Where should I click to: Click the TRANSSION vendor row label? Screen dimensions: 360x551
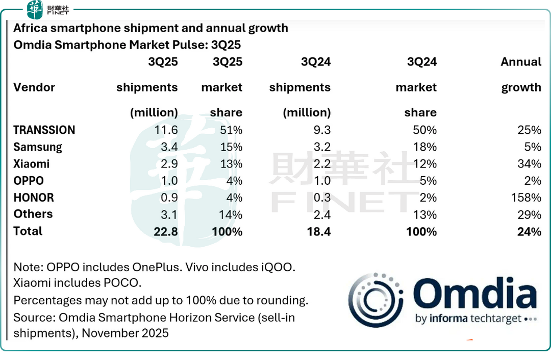pos(44,130)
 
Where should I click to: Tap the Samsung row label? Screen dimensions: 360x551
pos(38,147)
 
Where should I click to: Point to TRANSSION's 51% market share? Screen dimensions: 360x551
pos(231,130)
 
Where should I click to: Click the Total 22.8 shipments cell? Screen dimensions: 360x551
pos(165,231)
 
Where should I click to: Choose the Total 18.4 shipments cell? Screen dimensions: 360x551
pos(318,231)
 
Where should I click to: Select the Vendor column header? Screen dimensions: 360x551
pos(34,87)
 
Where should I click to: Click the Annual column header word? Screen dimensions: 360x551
pos(521,62)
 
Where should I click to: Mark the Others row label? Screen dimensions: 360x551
pos(33,214)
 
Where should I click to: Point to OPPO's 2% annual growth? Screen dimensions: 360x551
pos(532,181)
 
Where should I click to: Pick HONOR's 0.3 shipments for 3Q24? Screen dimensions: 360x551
pos(321,198)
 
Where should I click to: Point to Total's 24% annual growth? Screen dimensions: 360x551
pos(529,231)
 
